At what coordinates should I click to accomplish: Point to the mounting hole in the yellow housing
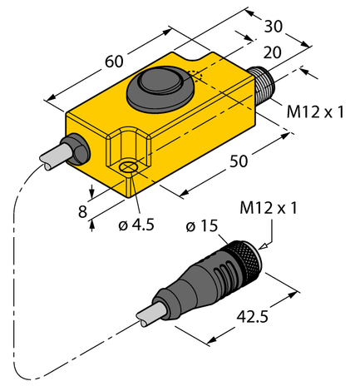[x=129, y=168]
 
